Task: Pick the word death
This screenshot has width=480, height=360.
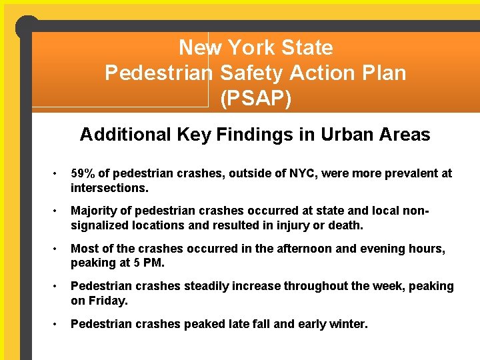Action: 345,225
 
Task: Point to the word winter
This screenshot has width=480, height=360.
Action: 346,324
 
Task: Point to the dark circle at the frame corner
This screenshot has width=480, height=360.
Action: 27,27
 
